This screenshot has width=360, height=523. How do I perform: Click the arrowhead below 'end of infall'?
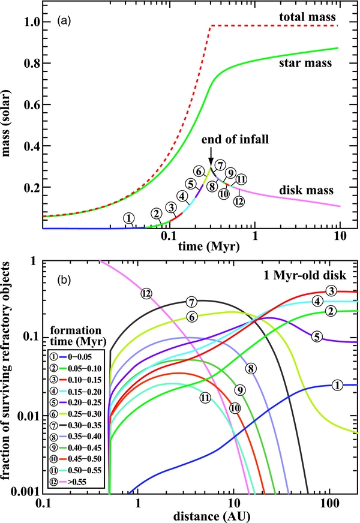click(x=211, y=161)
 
